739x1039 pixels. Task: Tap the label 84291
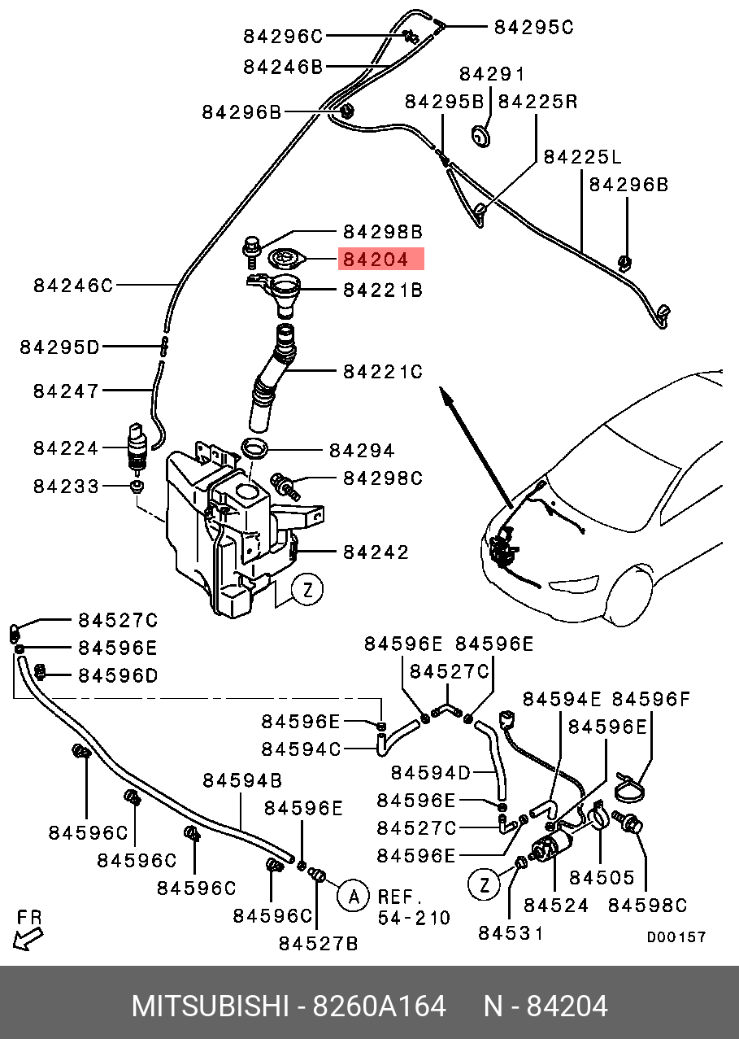492,75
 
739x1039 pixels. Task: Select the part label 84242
375,552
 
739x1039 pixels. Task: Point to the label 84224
66,448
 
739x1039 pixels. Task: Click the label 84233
66,487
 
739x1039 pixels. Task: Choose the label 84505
601,878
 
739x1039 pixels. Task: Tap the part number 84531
510,933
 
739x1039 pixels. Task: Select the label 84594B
242,781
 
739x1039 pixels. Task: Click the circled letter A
353,897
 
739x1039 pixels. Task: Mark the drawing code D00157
676,937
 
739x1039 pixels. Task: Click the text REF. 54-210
414,907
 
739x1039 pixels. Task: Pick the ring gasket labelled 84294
255,447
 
